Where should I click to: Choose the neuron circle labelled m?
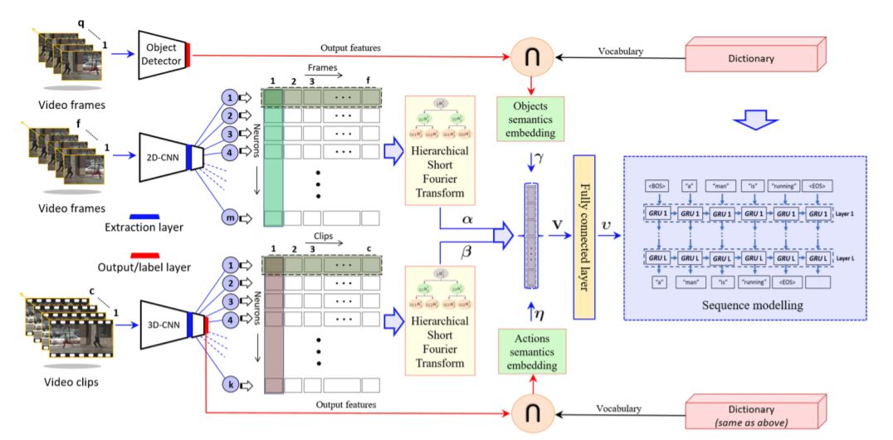click(x=228, y=218)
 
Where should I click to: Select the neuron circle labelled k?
click(x=228, y=385)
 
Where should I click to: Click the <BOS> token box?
click(x=655, y=186)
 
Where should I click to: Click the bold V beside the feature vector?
click(x=555, y=222)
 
